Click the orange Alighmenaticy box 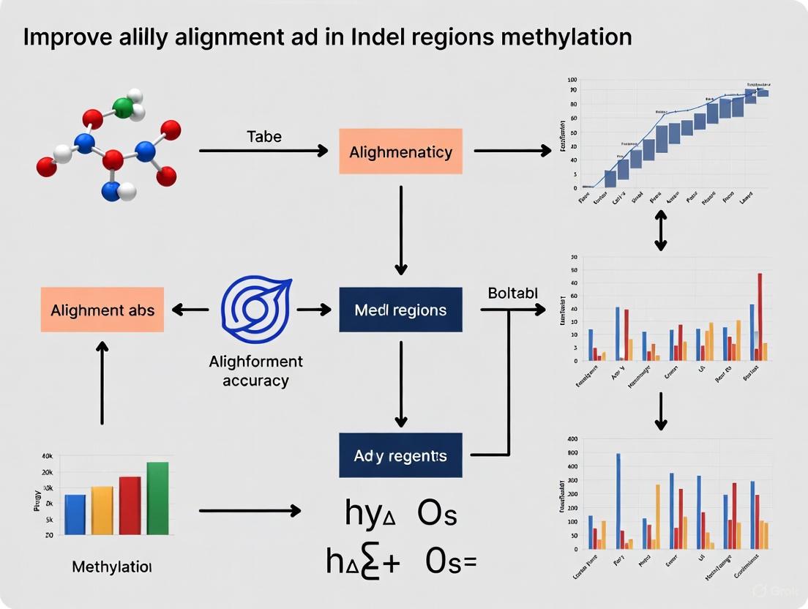pos(400,152)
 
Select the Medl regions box pos(400,310)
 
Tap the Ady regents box pos(400,455)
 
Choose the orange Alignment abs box pos(102,310)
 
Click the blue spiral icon pos(256,310)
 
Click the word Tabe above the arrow pos(263,136)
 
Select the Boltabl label pos(512,293)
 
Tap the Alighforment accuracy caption pos(255,371)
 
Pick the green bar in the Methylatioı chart pos(157,499)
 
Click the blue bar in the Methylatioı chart pos(75,515)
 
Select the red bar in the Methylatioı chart pos(130,507)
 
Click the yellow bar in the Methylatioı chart pos(102,512)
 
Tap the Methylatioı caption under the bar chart pos(112,567)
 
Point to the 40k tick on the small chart pos(47,456)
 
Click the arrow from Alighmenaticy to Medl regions pos(400,228)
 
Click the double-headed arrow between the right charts pos(660,231)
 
